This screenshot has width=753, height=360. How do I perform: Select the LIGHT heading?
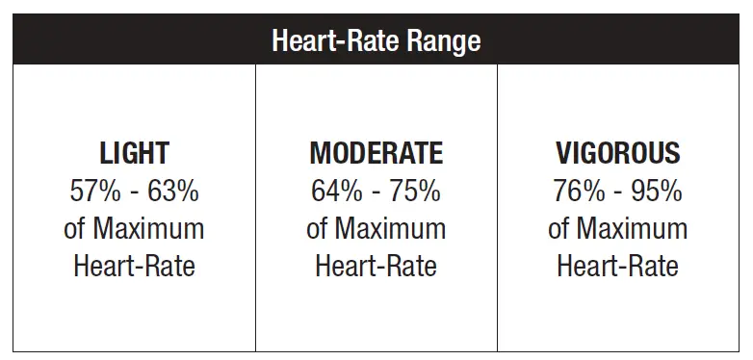point(134,153)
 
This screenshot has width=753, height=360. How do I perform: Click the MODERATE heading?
point(376,153)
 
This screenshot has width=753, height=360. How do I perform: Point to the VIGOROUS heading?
point(617,153)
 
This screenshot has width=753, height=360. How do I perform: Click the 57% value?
point(95,191)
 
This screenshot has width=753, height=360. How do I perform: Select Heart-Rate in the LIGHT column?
point(134,266)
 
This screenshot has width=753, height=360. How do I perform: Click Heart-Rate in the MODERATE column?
point(376,266)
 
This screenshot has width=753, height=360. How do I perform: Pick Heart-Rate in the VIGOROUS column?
point(617,266)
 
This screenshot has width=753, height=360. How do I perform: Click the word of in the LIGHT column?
point(76,228)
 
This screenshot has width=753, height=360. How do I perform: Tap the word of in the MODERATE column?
point(318,228)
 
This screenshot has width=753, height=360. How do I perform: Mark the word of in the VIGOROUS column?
point(559,228)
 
